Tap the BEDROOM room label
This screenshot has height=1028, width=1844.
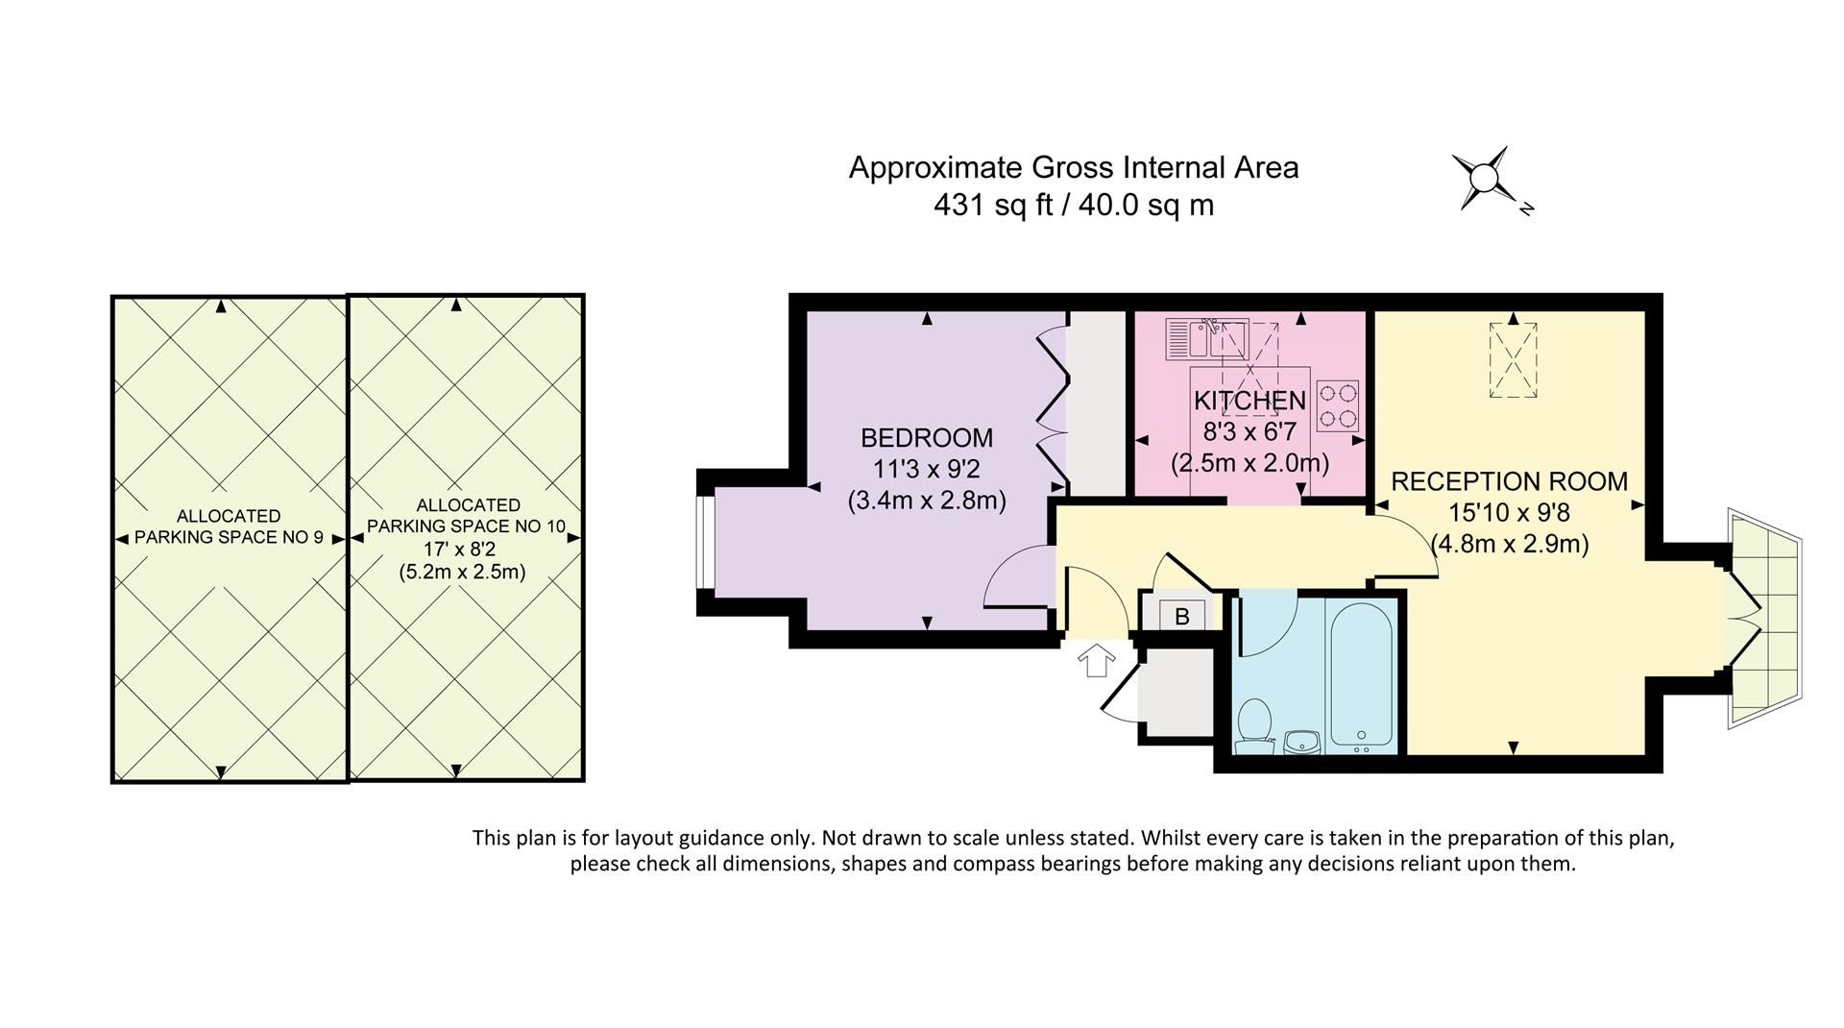coord(927,438)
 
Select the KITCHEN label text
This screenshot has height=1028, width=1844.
coord(1250,401)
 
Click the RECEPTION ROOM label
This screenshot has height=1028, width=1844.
coord(1510,481)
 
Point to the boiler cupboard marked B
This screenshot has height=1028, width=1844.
coord(1181,615)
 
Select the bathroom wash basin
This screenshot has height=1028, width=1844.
coord(1302,741)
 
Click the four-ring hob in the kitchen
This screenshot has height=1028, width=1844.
coord(1337,405)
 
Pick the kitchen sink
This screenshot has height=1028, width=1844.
coord(1206,338)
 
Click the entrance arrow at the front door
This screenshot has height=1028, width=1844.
coord(1096,661)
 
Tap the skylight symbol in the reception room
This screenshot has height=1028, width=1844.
coord(1513,360)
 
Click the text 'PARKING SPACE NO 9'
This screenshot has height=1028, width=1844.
coord(229,537)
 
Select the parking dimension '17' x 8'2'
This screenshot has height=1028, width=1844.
coord(462,550)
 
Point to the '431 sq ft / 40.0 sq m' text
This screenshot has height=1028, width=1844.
coord(1074,205)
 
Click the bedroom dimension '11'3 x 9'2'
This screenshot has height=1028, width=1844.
coord(927,470)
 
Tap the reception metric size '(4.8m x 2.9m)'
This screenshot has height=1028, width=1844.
coord(1510,544)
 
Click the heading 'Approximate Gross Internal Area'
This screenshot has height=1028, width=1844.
coord(1074,168)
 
